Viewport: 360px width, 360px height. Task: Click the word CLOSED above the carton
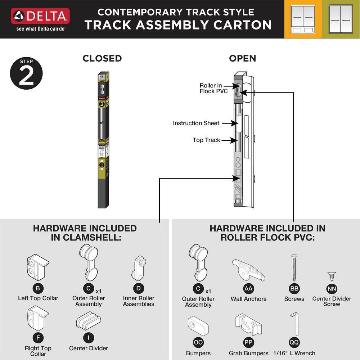[102, 58]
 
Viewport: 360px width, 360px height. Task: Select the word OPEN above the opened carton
[243, 58]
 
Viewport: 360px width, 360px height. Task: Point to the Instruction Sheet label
[196, 123]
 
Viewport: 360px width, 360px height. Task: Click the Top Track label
[206, 140]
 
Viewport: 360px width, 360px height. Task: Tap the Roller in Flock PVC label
[213, 88]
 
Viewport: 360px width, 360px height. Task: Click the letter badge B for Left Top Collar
[38, 288]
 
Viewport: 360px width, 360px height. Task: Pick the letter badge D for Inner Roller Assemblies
[138, 288]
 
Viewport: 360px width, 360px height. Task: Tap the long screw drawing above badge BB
[294, 268]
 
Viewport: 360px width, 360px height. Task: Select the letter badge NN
[332, 289]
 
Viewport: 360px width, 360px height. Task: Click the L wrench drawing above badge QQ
[294, 324]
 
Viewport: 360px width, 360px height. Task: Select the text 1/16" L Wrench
[294, 353]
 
